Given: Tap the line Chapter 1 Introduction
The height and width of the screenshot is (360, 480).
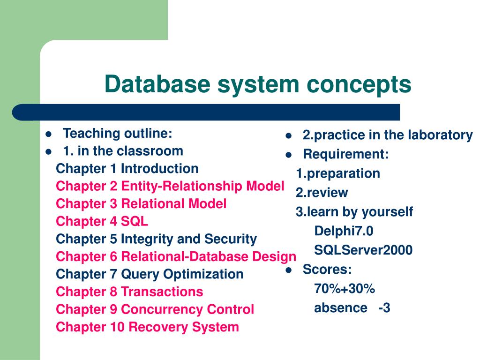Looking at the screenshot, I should [x=127, y=169].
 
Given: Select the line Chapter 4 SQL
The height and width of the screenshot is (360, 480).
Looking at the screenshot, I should [x=102, y=221].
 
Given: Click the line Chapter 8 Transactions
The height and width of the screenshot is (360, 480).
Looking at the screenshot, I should [x=129, y=292].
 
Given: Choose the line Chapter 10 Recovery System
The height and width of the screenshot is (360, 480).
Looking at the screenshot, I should [x=147, y=327].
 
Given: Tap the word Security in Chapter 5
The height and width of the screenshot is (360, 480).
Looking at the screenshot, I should [x=230, y=239].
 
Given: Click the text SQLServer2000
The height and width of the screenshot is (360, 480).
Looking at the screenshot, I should [x=363, y=250].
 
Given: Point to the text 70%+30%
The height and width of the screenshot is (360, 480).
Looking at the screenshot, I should [x=345, y=289].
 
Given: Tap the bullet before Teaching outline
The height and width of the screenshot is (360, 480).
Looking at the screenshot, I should [x=48, y=134].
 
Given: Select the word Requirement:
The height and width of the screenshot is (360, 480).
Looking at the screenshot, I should [x=346, y=154].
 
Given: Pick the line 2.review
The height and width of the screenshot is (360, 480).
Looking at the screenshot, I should [x=322, y=193].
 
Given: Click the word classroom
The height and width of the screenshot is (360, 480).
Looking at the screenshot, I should [x=150, y=151].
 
